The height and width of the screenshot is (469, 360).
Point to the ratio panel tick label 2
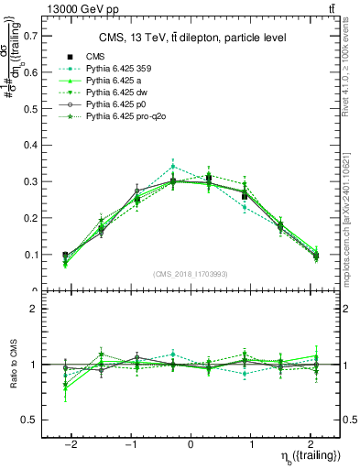(36, 310)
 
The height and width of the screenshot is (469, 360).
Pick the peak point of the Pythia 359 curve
(174, 167)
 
